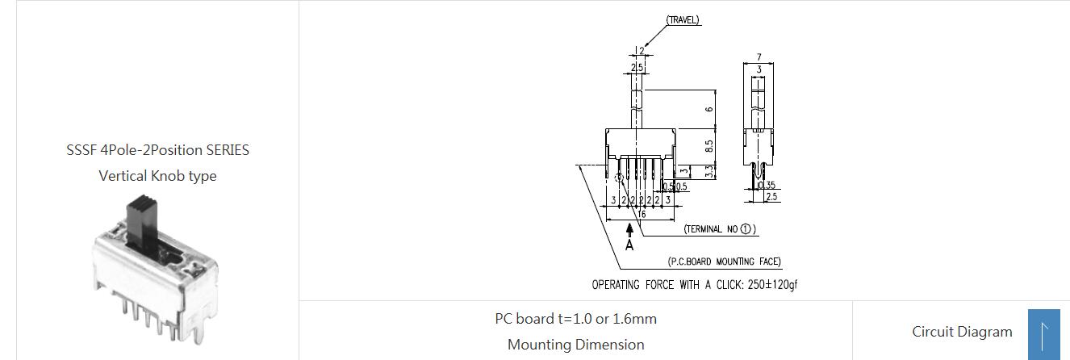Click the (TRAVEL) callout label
pos(683,20)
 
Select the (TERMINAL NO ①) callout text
pos(720,229)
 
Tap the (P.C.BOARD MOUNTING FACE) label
pos(724,262)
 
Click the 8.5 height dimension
pos(708,147)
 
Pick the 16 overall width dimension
pos(642,215)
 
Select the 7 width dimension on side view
pos(759,58)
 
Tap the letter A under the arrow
pos(629,245)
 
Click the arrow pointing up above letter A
pos(629,232)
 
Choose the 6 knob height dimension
pos(708,109)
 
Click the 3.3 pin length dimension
pos(708,171)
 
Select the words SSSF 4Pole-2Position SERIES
pos(157,150)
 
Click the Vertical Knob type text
pos(157,176)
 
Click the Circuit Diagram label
pos(962,332)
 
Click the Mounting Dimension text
pos(575,345)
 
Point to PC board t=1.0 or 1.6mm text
pos(575,319)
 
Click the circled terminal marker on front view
pos(619,177)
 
